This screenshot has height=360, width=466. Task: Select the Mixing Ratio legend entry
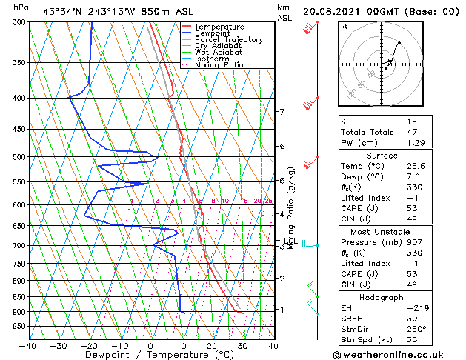click(x=219, y=65)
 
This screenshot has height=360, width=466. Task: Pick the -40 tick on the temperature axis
click(x=28, y=345)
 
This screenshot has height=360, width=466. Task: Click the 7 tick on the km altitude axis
click(x=282, y=112)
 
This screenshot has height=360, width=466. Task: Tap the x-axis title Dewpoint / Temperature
click(x=150, y=355)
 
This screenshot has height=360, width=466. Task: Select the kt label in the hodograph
click(x=344, y=27)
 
